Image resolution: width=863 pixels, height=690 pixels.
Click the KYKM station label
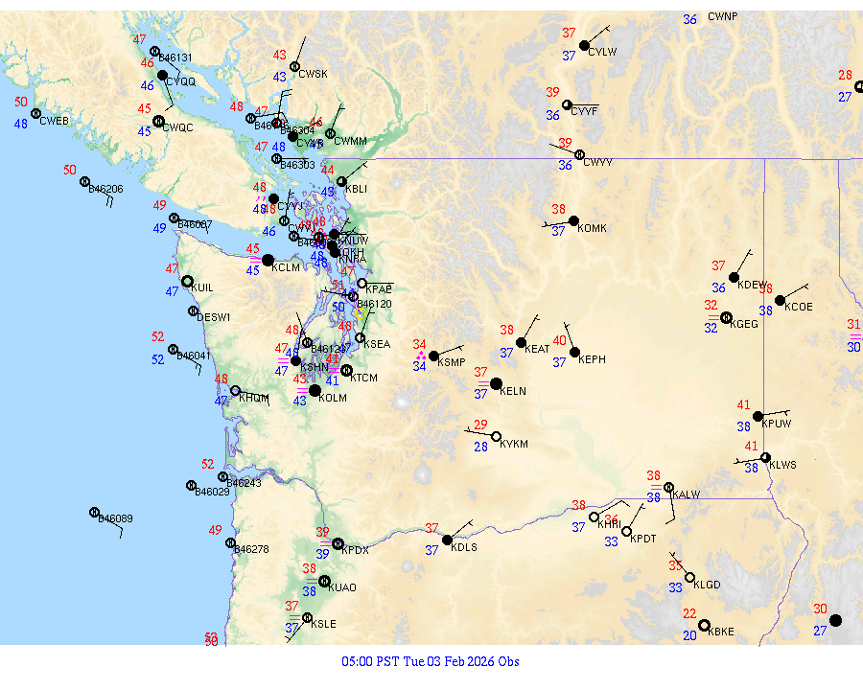point(514,445)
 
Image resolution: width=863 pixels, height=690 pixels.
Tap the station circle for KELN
point(496,384)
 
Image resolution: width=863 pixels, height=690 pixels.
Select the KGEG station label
point(744,324)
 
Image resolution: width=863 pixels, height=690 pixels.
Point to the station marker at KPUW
point(758,416)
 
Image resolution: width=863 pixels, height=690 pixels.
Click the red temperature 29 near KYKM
point(480,425)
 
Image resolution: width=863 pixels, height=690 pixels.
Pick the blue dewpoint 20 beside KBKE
point(689,635)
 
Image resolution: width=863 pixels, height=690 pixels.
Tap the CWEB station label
point(55,121)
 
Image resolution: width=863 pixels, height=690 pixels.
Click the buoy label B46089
point(115,518)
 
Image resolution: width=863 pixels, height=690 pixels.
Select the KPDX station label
point(355,550)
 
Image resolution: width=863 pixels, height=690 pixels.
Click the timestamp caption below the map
point(431,661)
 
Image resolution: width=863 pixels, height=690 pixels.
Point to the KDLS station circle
point(447,540)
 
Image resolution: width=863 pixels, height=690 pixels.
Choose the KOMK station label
point(593,228)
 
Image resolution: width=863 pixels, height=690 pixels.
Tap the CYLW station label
point(602,52)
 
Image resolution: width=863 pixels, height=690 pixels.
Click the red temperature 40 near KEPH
point(560,341)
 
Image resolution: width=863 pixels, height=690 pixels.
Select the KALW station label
point(687,494)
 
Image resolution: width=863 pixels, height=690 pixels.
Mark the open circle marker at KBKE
point(705,625)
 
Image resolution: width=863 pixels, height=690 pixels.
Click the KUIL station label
point(202,287)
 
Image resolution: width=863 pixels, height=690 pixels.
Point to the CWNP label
point(723,17)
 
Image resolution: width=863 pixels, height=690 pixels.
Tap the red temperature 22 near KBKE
point(689,613)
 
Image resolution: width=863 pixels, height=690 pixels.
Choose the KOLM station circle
point(315,390)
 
